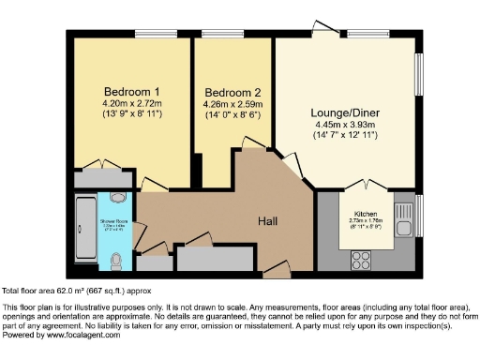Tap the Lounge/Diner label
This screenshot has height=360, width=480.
(x=345, y=112)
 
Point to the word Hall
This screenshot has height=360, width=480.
(x=273, y=221)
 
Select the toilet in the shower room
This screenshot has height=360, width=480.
(x=116, y=259)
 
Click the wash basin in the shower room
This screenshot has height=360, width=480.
(x=116, y=198)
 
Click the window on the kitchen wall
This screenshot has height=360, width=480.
(x=418, y=216)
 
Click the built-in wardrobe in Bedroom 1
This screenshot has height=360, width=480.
(x=103, y=176)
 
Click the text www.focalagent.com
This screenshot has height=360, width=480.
(x=78, y=333)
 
